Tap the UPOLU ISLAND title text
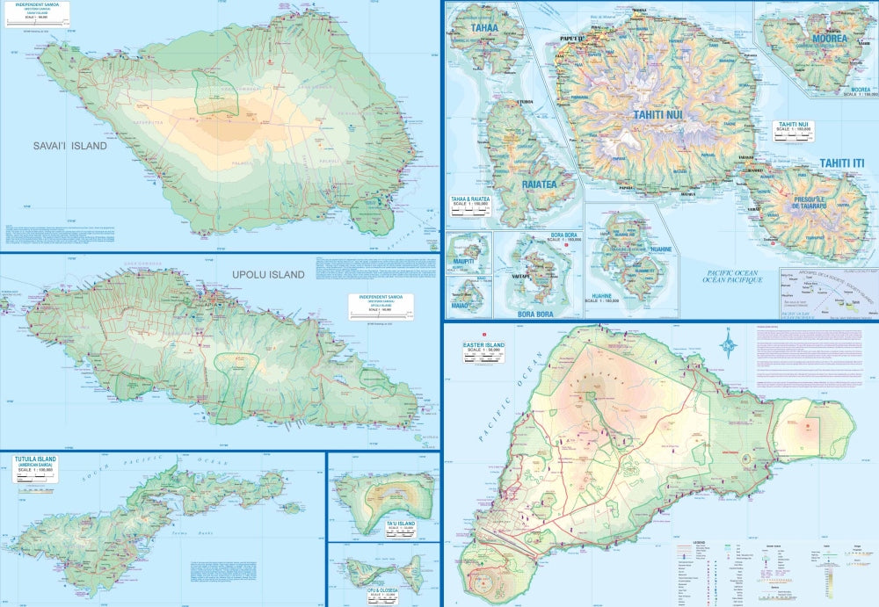tap(268, 275)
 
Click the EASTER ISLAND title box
tap(483, 350)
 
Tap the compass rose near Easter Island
tap(728, 342)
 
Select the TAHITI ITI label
tap(843, 163)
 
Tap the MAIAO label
tap(461, 307)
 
